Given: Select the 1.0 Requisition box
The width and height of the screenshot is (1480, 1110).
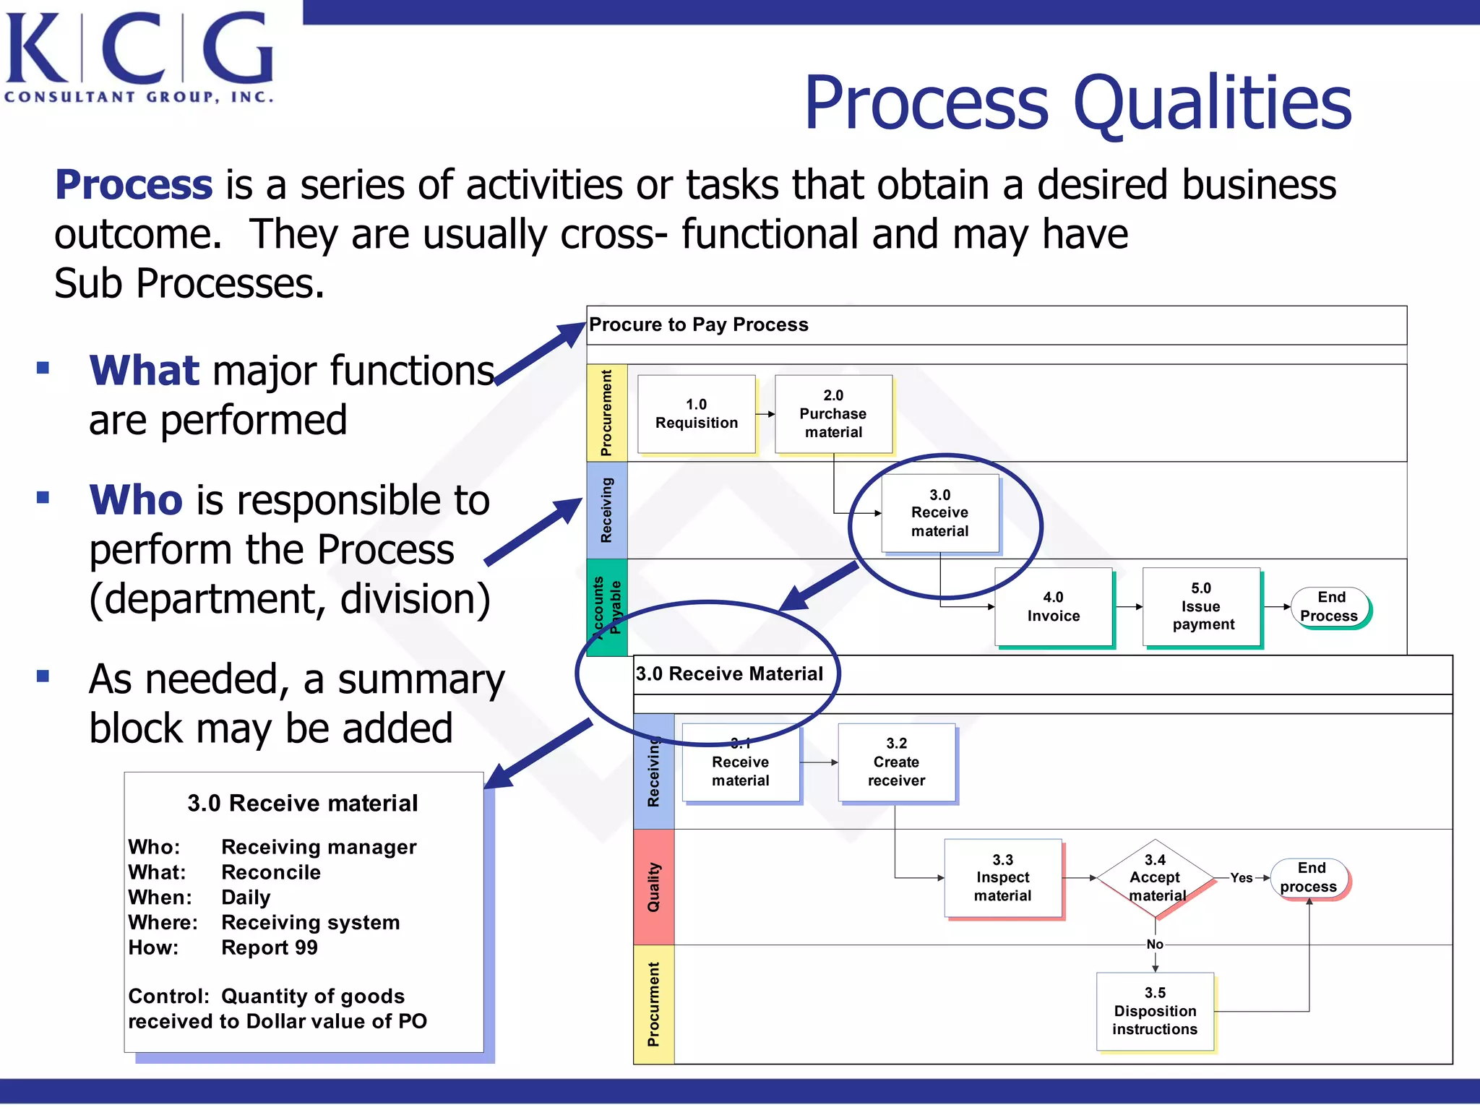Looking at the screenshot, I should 696,414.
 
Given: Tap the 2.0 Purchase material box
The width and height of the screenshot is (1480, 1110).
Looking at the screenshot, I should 833,414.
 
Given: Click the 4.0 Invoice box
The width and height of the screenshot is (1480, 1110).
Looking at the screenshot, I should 1053,607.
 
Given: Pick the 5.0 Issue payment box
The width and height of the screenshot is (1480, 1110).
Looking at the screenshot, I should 1202,607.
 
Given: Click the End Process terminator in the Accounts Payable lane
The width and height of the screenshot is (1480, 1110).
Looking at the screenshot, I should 1330,607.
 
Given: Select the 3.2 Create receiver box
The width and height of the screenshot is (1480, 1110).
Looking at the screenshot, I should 896,762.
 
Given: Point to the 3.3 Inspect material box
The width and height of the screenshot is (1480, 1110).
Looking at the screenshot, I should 1002,878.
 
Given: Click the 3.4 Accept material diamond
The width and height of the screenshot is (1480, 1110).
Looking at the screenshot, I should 1155,878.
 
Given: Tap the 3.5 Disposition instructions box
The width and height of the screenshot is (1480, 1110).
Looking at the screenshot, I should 1155,1011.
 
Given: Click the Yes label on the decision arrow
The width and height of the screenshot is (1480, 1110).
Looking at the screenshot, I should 1241,878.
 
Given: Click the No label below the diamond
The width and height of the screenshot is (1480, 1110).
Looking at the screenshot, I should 1155,945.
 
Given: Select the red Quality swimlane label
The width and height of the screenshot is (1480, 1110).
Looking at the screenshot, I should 653,887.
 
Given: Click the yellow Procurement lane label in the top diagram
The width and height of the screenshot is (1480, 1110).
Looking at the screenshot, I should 606,413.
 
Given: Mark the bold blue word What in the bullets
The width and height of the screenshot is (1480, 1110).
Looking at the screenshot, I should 144,371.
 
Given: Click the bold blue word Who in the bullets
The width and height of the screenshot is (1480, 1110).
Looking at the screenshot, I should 136,500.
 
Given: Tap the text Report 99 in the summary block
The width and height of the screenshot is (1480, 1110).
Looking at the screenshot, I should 269,947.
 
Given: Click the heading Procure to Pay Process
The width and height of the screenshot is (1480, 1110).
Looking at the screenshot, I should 698,324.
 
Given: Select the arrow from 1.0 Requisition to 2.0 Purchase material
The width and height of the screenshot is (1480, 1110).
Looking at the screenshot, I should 765,414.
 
